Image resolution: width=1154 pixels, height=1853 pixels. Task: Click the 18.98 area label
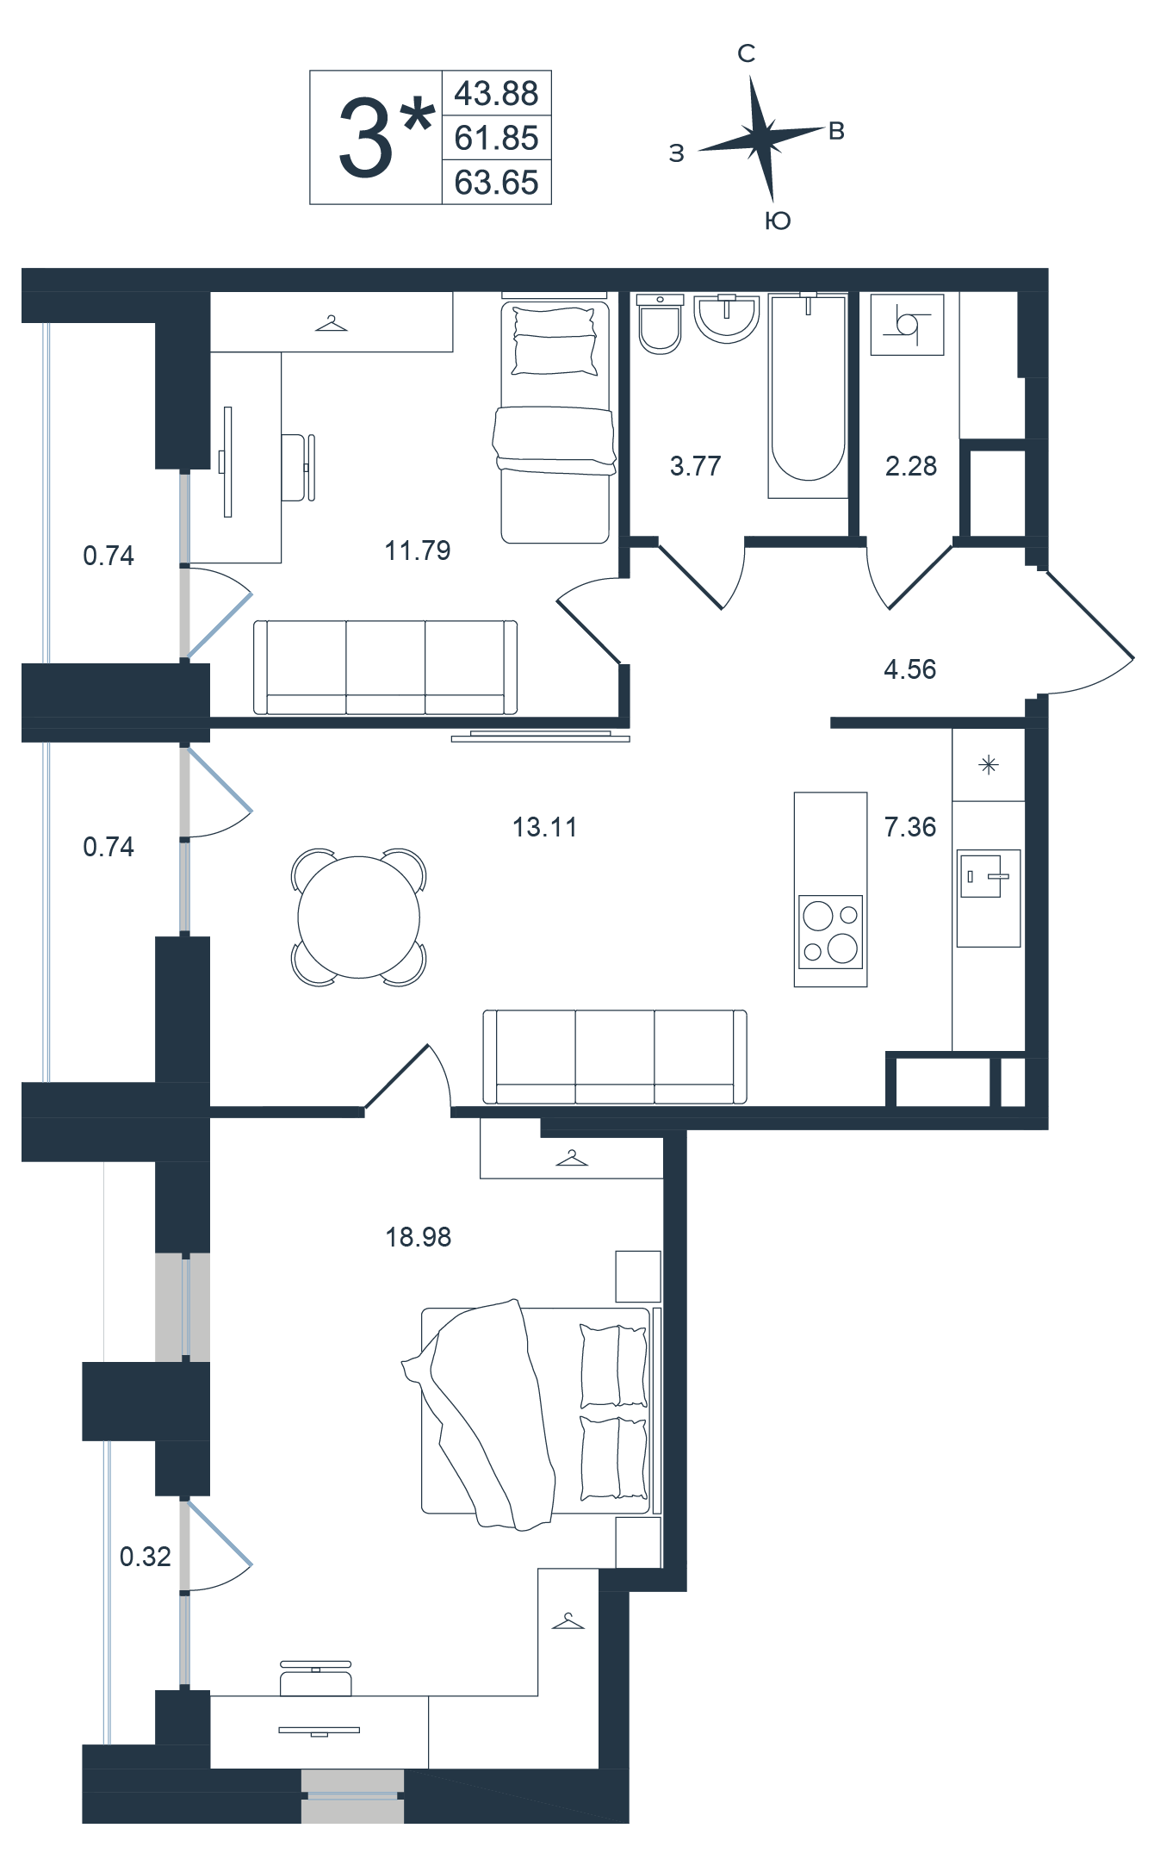tap(419, 1237)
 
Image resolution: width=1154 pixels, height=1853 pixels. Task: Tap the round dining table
tap(358, 917)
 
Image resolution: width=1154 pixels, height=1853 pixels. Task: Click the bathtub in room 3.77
tap(808, 395)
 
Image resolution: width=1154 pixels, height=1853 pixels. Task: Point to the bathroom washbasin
tap(727, 319)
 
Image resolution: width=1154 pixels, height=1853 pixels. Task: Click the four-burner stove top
tap(831, 931)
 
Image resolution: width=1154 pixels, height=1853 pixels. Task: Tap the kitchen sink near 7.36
tap(988, 898)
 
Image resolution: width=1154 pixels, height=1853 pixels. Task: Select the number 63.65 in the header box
tap(496, 183)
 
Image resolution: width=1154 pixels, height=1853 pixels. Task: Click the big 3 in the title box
tap(366, 138)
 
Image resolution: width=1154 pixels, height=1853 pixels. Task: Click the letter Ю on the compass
tap(778, 221)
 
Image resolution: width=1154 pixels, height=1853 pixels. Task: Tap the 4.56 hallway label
tap(909, 669)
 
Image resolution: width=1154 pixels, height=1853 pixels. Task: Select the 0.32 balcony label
tap(145, 1557)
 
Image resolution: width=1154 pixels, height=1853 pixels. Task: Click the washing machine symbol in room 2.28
tap(907, 325)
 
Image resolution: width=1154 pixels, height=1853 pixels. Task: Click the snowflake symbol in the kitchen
tap(989, 764)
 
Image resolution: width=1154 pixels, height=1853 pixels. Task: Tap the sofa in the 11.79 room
tap(385, 667)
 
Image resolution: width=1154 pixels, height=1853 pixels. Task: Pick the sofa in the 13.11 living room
tap(615, 1057)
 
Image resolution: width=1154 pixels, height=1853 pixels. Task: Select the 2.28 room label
tap(910, 466)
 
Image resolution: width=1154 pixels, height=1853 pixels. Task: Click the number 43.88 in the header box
tap(496, 93)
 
